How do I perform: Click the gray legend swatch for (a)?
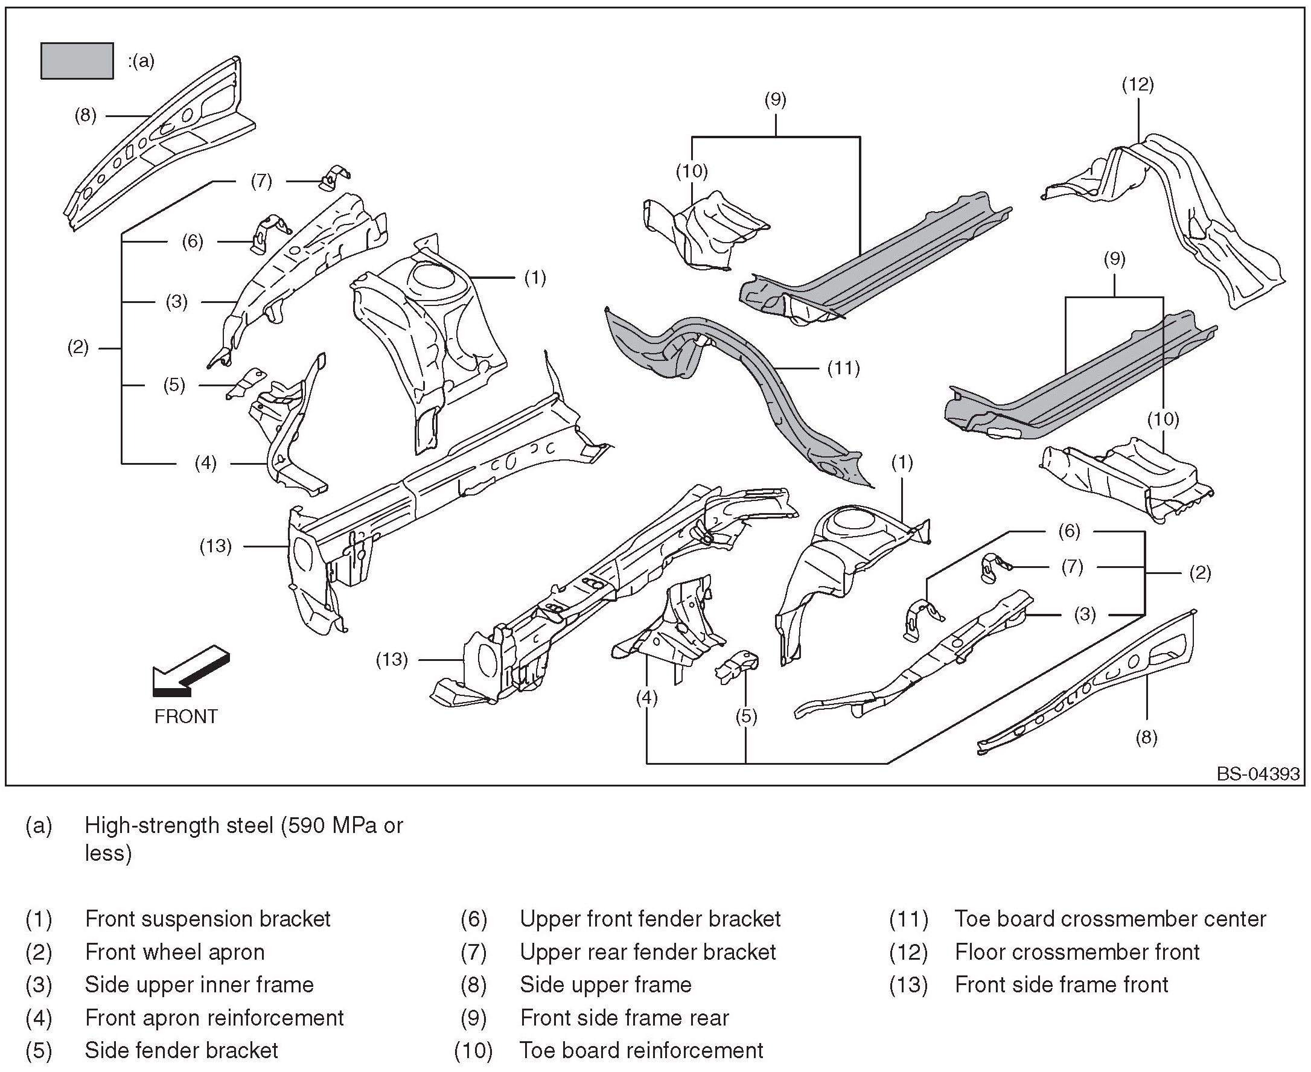(x=77, y=61)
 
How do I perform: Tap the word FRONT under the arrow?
(x=186, y=716)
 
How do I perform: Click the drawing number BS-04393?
(x=1258, y=774)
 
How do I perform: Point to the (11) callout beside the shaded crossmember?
(x=844, y=369)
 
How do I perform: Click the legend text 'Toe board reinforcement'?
(x=642, y=1050)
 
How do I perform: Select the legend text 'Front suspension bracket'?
(x=208, y=919)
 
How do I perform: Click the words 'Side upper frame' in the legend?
(x=606, y=984)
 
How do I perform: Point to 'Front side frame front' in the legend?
(x=1062, y=984)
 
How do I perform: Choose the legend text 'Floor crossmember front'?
(x=1077, y=952)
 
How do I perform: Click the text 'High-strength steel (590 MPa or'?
(x=244, y=825)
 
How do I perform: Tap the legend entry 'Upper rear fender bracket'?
(x=648, y=952)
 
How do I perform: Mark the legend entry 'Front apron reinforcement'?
(x=214, y=1018)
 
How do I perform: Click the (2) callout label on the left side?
(x=78, y=348)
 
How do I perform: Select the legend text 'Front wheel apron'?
(x=175, y=952)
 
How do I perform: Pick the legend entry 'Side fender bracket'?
(x=182, y=1050)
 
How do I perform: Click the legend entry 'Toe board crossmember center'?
(x=1110, y=919)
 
